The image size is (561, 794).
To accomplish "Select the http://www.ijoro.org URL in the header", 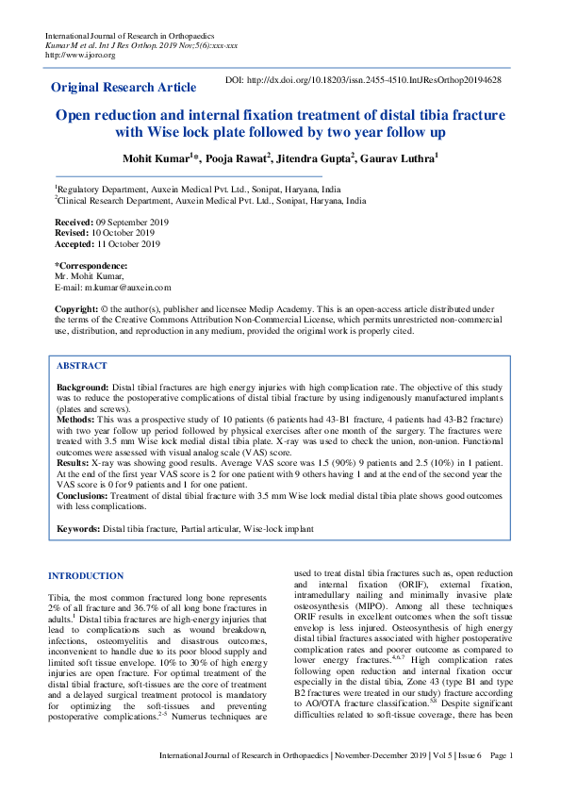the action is coord(80,55).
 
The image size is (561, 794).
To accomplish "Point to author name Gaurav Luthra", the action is coord(398,159).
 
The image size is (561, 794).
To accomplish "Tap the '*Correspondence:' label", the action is coord(91,266).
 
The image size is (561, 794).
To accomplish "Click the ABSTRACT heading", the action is coord(82,365).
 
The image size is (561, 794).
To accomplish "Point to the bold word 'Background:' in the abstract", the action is coord(83,388).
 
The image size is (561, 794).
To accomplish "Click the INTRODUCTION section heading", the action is coord(86,575).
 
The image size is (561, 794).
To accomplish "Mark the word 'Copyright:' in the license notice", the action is coord(77,309).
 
